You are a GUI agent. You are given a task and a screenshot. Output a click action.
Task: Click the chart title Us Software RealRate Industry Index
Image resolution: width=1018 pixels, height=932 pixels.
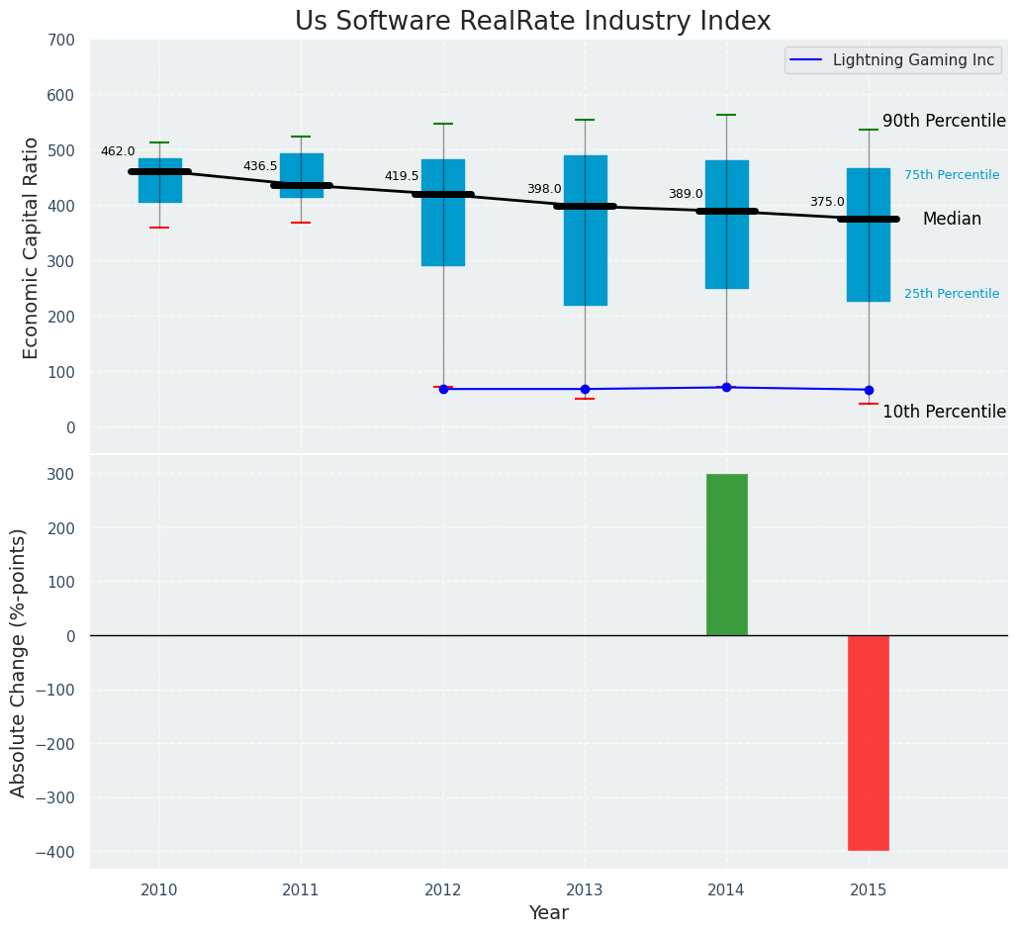pyautogui.click(x=532, y=22)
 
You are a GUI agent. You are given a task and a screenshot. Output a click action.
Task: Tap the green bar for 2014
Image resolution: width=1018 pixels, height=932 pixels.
pyautogui.click(x=726, y=554)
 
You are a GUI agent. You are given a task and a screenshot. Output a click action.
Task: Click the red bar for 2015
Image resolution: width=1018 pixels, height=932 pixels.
pyautogui.click(x=869, y=742)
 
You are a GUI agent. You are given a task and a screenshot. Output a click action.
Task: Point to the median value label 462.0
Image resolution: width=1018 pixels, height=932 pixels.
pyautogui.click(x=118, y=151)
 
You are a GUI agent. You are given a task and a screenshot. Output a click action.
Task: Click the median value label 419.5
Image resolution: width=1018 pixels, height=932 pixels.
pyautogui.click(x=402, y=176)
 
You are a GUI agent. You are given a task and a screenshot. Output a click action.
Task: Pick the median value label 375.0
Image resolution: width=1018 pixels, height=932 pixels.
pyautogui.click(x=827, y=202)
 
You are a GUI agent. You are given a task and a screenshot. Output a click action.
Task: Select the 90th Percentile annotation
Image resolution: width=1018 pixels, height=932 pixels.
pyautogui.click(x=944, y=121)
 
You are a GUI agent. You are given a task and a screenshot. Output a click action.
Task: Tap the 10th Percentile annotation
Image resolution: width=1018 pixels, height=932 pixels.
pyautogui.click(x=944, y=412)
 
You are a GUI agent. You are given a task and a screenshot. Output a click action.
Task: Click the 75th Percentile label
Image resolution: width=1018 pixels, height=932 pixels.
pyautogui.click(x=952, y=175)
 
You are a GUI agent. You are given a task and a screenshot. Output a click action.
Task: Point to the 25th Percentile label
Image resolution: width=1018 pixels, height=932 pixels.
pyautogui.click(x=952, y=294)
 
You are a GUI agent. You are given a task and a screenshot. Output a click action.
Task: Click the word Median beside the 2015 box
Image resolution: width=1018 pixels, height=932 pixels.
pyautogui.click(x=952, y=220)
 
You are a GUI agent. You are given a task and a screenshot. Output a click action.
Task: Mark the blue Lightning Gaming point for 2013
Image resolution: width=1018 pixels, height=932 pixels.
pyautogui.click(x=585, y=389)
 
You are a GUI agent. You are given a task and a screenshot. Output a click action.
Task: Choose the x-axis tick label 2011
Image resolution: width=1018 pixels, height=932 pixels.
pyautogui.click(x=301, y=890)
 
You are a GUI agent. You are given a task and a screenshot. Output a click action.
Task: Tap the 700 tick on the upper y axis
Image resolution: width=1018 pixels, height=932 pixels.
pyautogui.click(x=60, y=41)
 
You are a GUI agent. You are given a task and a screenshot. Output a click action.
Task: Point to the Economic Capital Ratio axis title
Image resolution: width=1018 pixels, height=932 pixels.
pyautogui.click(x=32, y=247)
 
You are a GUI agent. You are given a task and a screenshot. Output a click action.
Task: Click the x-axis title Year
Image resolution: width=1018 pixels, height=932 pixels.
pyautogui.click(x=548, y=913)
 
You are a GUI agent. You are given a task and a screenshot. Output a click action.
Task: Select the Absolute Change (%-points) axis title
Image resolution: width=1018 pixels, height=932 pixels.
pyautogui.click(x=19, y=662)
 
